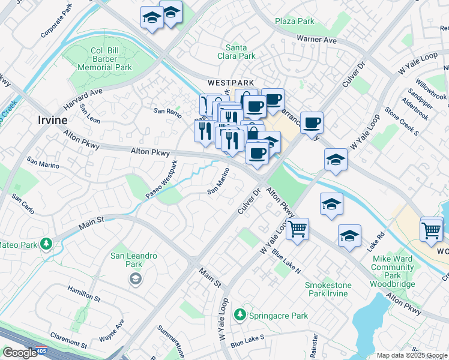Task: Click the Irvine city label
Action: click(52, 120)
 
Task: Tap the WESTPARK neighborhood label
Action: click(231, 82)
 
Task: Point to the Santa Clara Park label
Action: click(240, 52)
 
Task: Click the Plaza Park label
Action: click(295, 21)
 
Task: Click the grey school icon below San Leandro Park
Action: click(136, 278)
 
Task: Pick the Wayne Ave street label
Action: click(112, 331)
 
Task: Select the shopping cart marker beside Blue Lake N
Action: click(297, 229)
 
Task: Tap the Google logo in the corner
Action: click(20, 353)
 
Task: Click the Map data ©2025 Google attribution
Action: click(411, 355)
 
